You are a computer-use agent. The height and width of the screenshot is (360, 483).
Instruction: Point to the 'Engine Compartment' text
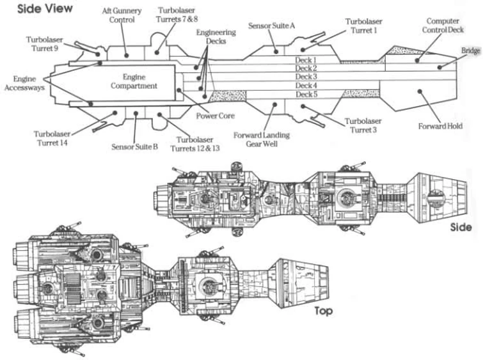coord(135,81)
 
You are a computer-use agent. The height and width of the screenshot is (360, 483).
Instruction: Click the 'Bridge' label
coord(471,51)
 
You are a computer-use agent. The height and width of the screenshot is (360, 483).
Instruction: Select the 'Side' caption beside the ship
coord(461,227)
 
